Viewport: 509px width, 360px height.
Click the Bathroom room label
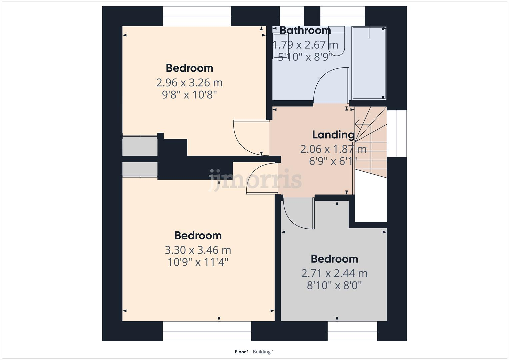(x=305, y=30)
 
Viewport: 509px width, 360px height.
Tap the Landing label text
(x=333, y=135)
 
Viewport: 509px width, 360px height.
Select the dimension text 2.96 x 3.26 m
(x=189, y=82)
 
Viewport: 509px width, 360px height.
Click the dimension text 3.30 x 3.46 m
(x=198, y=250)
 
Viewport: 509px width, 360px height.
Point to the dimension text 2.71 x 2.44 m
(x=334, y=273)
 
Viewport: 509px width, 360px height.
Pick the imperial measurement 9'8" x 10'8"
(x=189, y=95)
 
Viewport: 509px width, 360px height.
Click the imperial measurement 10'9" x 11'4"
(x=198, y=262)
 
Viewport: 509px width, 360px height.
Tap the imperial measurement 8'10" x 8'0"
(x=334, y=286)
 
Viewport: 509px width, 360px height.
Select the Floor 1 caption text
(x=242, y=352)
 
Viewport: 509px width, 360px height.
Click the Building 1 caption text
(x=263, y=352)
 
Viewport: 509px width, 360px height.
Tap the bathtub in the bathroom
(x=369, y=63)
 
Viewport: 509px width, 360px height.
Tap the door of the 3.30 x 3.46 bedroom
(x=260, y=177)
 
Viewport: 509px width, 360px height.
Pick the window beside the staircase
(x=397, y=133)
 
